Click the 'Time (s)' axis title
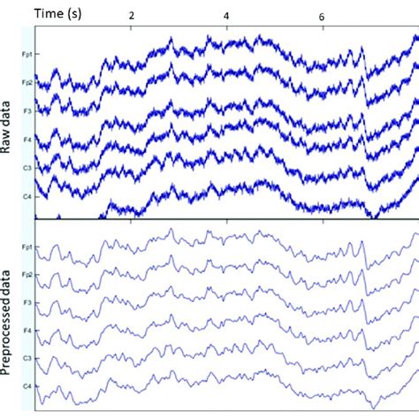(x=59, y=13)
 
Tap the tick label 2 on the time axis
(x=133, y=17)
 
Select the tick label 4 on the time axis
(x=227, y=17)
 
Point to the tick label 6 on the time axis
(x=322, y=17)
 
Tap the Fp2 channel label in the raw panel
(x=28, y=82)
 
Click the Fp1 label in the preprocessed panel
(x=28, y=248)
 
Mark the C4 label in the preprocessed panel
(x=28, y=386)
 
